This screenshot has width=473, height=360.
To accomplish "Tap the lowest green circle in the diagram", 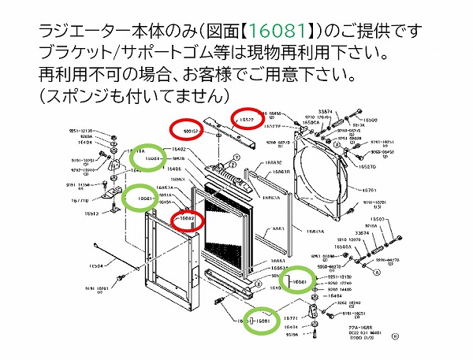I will pyautogui.click(x=260, y=321).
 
